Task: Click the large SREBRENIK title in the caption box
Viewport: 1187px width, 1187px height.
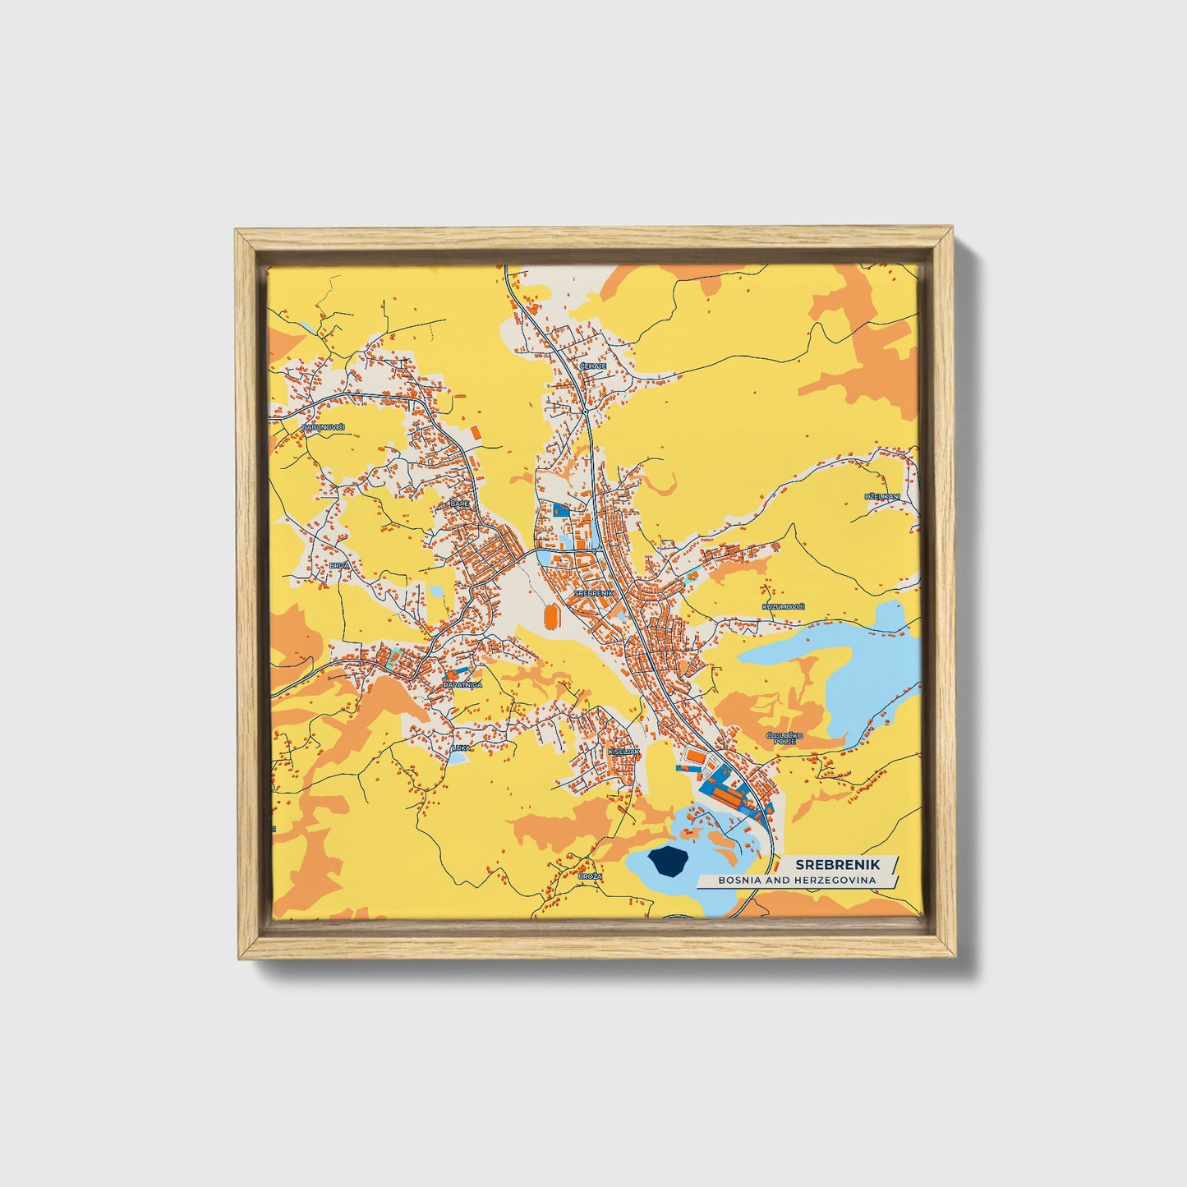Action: click(836, 864)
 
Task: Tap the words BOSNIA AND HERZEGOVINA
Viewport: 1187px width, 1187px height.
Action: click(797, 880)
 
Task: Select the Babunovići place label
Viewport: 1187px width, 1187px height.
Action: click(323, 427)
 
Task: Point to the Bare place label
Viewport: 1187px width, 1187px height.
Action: click(459, 504)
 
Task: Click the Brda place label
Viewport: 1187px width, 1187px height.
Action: click(339, 565)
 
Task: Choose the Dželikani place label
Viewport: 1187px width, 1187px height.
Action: click(882, 497)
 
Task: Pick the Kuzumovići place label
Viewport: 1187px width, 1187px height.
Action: click(783, 606)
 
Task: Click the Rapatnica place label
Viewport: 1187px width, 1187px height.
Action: click(462, 684)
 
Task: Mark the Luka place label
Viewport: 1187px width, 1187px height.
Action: click(461, 748)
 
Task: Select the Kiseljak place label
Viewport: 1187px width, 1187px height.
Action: click(624, 751)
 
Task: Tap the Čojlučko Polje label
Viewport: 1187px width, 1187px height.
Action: click(780, 738)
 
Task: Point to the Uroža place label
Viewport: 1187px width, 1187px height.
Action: click(590, 876)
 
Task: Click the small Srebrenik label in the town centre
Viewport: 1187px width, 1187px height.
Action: click(593, 592)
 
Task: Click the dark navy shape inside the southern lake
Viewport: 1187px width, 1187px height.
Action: click(667, 862)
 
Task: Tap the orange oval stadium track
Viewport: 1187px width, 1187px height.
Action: click(550, 615)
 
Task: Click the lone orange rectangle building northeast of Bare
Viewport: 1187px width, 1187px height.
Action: click(474, 430)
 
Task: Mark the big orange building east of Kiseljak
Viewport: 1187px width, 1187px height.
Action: click(696, 757)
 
